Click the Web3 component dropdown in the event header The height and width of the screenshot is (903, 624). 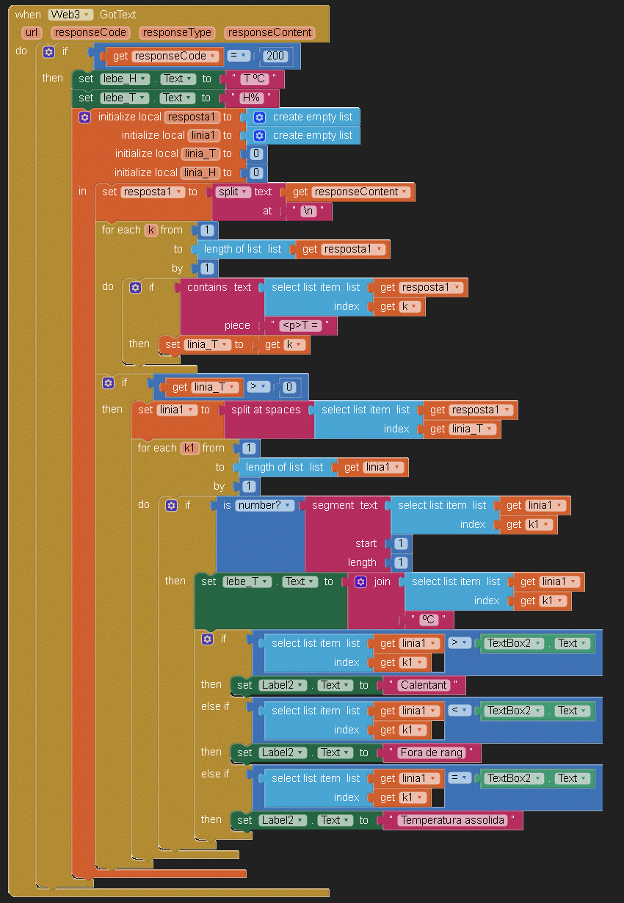70,15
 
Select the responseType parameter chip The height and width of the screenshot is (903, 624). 178,32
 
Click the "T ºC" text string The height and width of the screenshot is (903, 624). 255,79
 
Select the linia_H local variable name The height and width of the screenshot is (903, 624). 200,173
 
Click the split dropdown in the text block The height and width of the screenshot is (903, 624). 231,192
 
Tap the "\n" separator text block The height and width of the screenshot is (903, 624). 308,211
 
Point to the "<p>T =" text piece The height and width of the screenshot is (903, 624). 301,325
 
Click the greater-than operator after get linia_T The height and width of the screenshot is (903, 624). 256,387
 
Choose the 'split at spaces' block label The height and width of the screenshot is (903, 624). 266,410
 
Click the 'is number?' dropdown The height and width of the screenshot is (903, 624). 264,505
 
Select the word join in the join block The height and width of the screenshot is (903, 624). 382,581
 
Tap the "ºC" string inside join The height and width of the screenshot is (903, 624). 429,620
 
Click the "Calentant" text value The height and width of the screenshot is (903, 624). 424,685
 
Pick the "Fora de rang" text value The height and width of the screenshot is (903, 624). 432,752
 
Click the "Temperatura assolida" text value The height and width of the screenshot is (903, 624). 453,820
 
